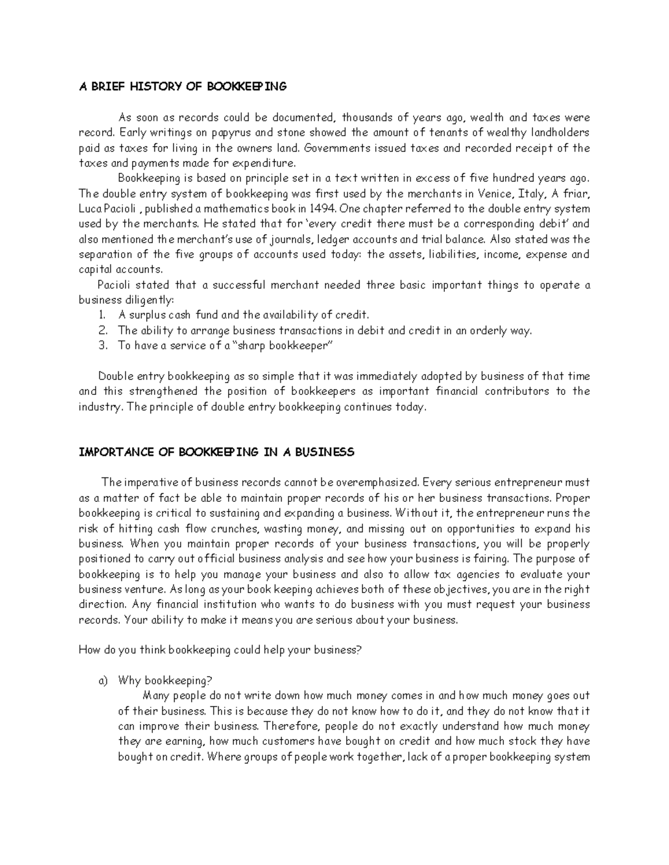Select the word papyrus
pos(230,133)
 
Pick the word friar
pos(574,194)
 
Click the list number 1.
pos(102,315)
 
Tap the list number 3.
pos(103,345)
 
